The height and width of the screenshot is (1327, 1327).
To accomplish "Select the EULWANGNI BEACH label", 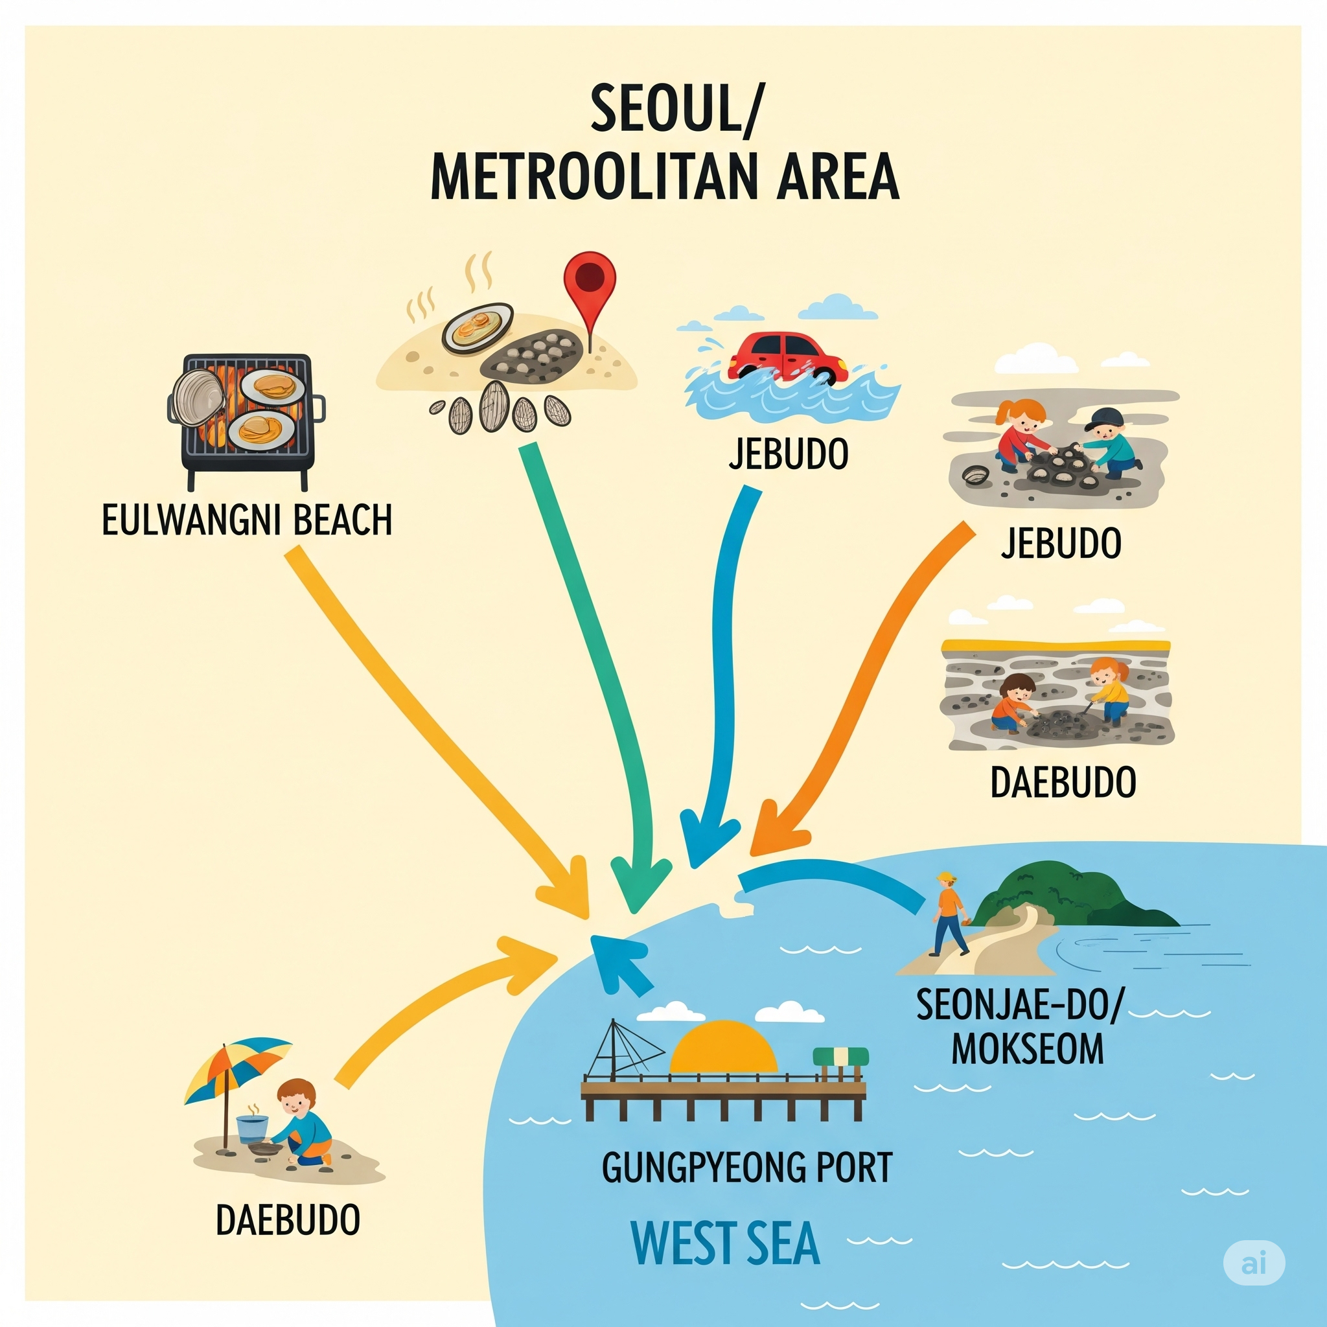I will pyautogui.click(x=247, y=520).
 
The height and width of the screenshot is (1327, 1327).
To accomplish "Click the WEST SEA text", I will pyautogui.click(x=725, y=1243).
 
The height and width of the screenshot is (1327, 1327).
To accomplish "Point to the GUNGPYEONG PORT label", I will pyautogui.click(x=746, y=1167).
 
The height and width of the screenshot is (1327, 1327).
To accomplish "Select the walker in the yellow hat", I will pyautogui.click(x=950, y=913).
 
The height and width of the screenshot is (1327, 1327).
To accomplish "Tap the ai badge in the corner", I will pyautogui.click(x=1254, y=1262).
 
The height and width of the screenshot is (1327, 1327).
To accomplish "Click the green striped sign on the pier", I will pyautogui.click(x=840, y=1057).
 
